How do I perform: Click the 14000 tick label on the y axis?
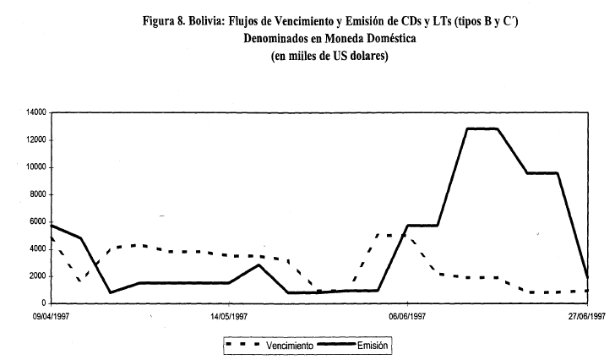click(35, 112)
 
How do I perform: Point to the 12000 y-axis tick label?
click(35, 139)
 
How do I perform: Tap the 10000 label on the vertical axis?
click(35, 167)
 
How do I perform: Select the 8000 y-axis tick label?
click(38, 194)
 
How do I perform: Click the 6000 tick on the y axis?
click(38, 221)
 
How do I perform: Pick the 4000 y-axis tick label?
click(38, 248)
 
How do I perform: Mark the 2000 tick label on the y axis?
click(38, 275)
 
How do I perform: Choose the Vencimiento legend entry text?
click(290, 346)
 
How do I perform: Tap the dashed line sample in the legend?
click(244, 346)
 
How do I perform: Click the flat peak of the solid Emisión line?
click(482, 128)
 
